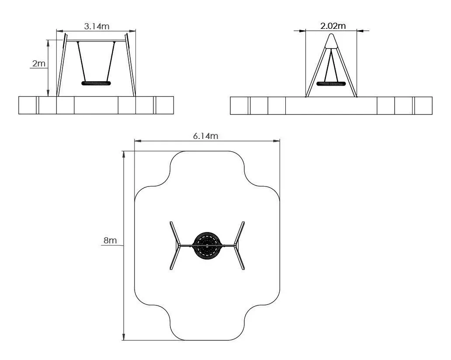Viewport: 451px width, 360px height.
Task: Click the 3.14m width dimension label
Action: pos(97,27)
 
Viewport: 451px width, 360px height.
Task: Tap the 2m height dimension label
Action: pos(39,63)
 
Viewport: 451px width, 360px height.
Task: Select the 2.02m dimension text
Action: pos(333,26)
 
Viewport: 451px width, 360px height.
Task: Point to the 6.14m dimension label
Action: pos(206,136)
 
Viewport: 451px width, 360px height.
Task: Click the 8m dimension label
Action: pos(110,240)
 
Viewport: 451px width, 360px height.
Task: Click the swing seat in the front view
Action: pos(96,83)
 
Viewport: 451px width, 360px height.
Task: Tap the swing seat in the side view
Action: pos(331,84)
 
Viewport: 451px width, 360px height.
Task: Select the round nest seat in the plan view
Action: pos(207,246)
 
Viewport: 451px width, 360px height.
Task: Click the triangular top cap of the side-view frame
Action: pos(331,41)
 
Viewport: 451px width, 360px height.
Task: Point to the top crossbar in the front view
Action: pos(96,41)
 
